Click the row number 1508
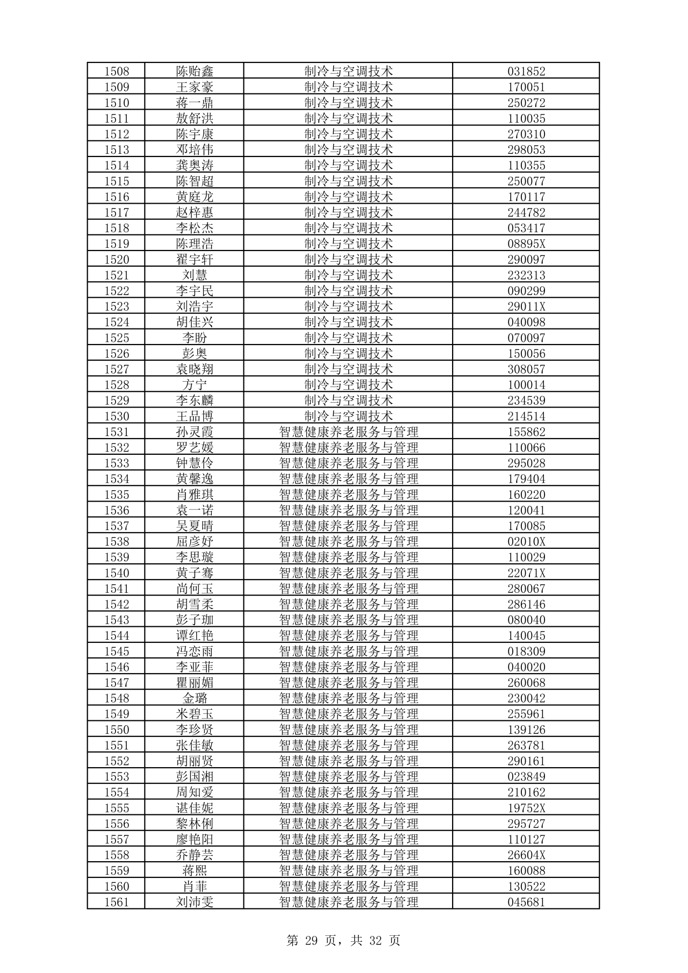coord(117,71)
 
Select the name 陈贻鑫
coord(195,71)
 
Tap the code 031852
coord(526,71)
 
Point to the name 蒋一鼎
coord(195,103)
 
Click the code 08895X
coord(526,244)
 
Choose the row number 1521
coord(117,275)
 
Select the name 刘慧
coord(195,275)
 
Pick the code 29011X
coord(526,306)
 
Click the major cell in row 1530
coord(348,416)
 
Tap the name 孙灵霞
coord(195,432)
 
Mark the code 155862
coord(526,432)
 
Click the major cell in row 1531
coord(348,432)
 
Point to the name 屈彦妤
coord(195,541)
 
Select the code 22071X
coord(526,573)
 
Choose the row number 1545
coord(117,652)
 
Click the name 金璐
coord(195,698)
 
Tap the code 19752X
coord(526,808)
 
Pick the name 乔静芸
coord(195,855)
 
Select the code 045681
coord(526,902)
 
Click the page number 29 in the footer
coord(311,940)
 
